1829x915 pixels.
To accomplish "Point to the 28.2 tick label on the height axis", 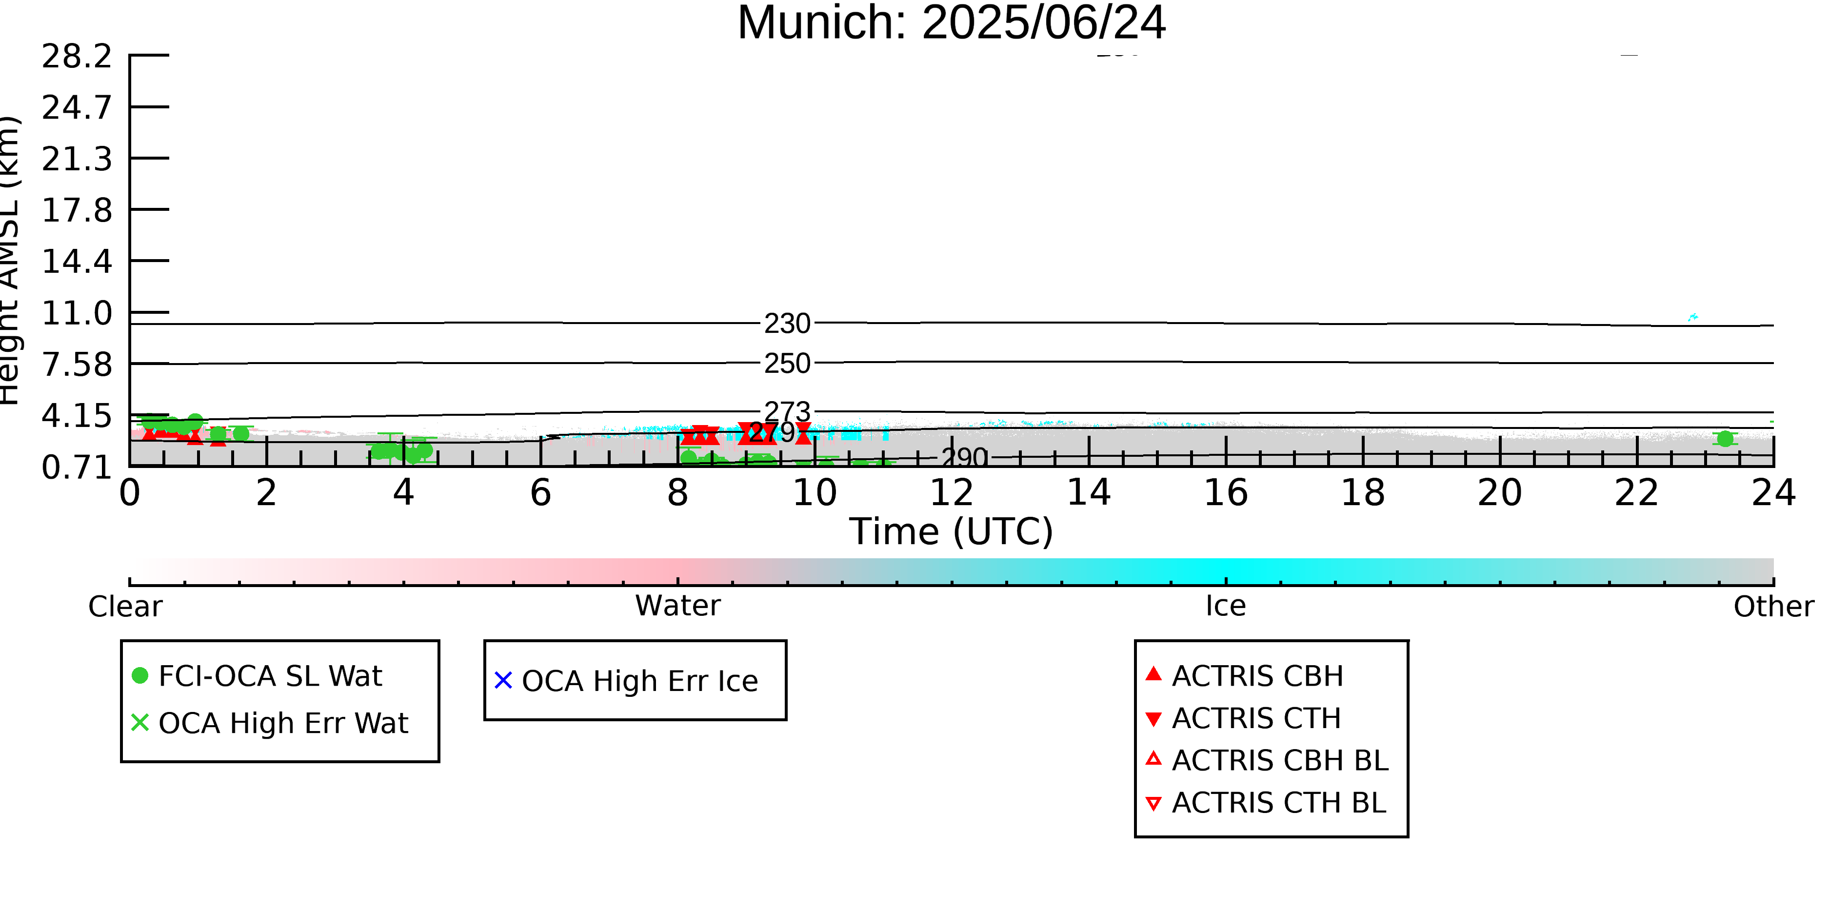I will point(77,56).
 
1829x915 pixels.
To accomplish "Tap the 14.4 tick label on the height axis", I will point(77,262).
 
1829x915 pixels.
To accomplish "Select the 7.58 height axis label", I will point(77,365).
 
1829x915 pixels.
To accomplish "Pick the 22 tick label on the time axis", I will point(1636,493).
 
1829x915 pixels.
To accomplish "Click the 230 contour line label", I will point(787,324).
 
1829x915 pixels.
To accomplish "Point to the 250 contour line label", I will point(787,364).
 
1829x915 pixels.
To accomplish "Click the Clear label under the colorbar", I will point(125,607).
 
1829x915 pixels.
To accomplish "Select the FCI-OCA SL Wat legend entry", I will point(270,675).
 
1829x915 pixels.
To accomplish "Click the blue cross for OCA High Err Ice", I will point(503,681).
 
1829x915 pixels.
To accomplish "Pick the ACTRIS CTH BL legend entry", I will point(1278,803).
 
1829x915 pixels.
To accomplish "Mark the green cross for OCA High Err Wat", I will point(140,722).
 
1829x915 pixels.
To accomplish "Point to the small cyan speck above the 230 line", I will point(1692,317).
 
